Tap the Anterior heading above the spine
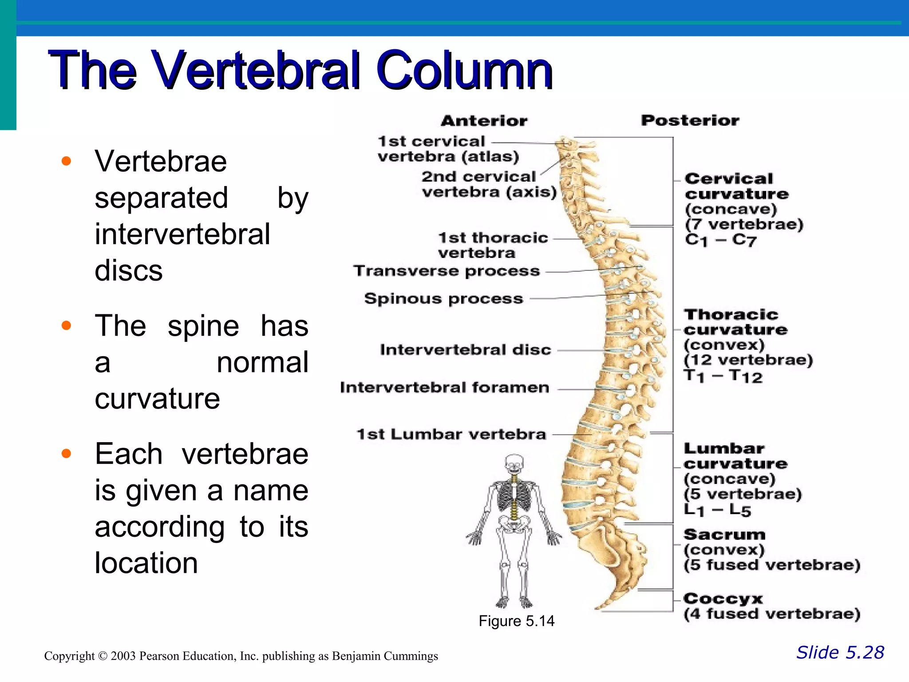pos(484,121)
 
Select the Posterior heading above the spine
pos(690,120)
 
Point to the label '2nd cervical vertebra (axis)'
pos(488,184)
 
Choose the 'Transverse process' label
pos(447,271)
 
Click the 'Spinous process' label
pos(443,299)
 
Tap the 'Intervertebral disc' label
pos(466,350)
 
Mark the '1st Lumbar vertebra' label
pos(451,434)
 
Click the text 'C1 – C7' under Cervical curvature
pos(720,240)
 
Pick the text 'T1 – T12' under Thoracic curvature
pos(723,377)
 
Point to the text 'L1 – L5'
pos(717,510)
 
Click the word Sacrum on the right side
pos(724,535)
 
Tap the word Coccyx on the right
pos(723,599)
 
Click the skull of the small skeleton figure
pos(514,464)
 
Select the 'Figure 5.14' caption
pos(516,621)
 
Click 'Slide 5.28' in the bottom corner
pos(840,653)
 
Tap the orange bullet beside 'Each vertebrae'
pos(67,454)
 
